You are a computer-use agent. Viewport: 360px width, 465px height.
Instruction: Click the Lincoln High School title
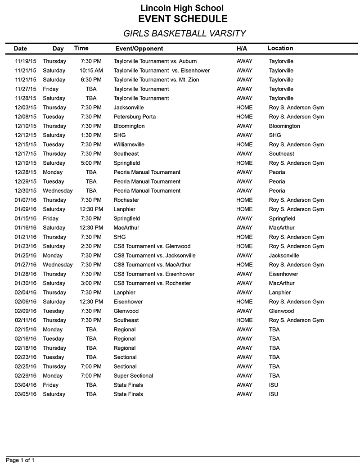pyautogui.click(x=182, y=8)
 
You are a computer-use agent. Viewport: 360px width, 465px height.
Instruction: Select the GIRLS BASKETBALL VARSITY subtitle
pyautogui.click(x=184, y=33)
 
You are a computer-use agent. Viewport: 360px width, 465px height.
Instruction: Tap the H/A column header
pyautogui.click(x=242, y=49)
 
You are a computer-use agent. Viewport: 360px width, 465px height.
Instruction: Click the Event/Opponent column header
pyautogui.click(x=139, y=49)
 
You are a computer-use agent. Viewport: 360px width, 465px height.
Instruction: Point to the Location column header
pyautogui.click(x=280, y=48)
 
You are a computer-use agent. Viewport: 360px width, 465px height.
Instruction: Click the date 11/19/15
pyautogui.click(x=24, y=61)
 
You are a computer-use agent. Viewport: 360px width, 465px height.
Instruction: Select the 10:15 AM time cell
pyautogui.click(x=91, y=71)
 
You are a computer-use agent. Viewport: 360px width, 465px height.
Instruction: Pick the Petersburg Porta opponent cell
pyautogui.click(x=135, y=117)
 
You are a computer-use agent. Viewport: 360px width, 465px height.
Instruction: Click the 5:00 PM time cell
pyautogui.click(x=91, y=163)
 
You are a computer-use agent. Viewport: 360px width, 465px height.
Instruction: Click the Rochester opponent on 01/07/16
pyautogui.click(x=126, y=200)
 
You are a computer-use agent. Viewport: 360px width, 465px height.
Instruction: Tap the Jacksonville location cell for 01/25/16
pyautogui.click(x=284, y=256)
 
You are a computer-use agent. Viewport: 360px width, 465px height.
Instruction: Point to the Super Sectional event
pyautogui.click(x=133, y=376)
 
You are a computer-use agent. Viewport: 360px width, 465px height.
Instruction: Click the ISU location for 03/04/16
pyautogui.click(x=274, y=385)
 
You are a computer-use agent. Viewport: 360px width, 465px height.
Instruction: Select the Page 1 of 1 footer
pyautogui.click(x=20, y=460)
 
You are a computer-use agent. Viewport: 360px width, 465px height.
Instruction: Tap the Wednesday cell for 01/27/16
pyautogui.click(x=58, y=265)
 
